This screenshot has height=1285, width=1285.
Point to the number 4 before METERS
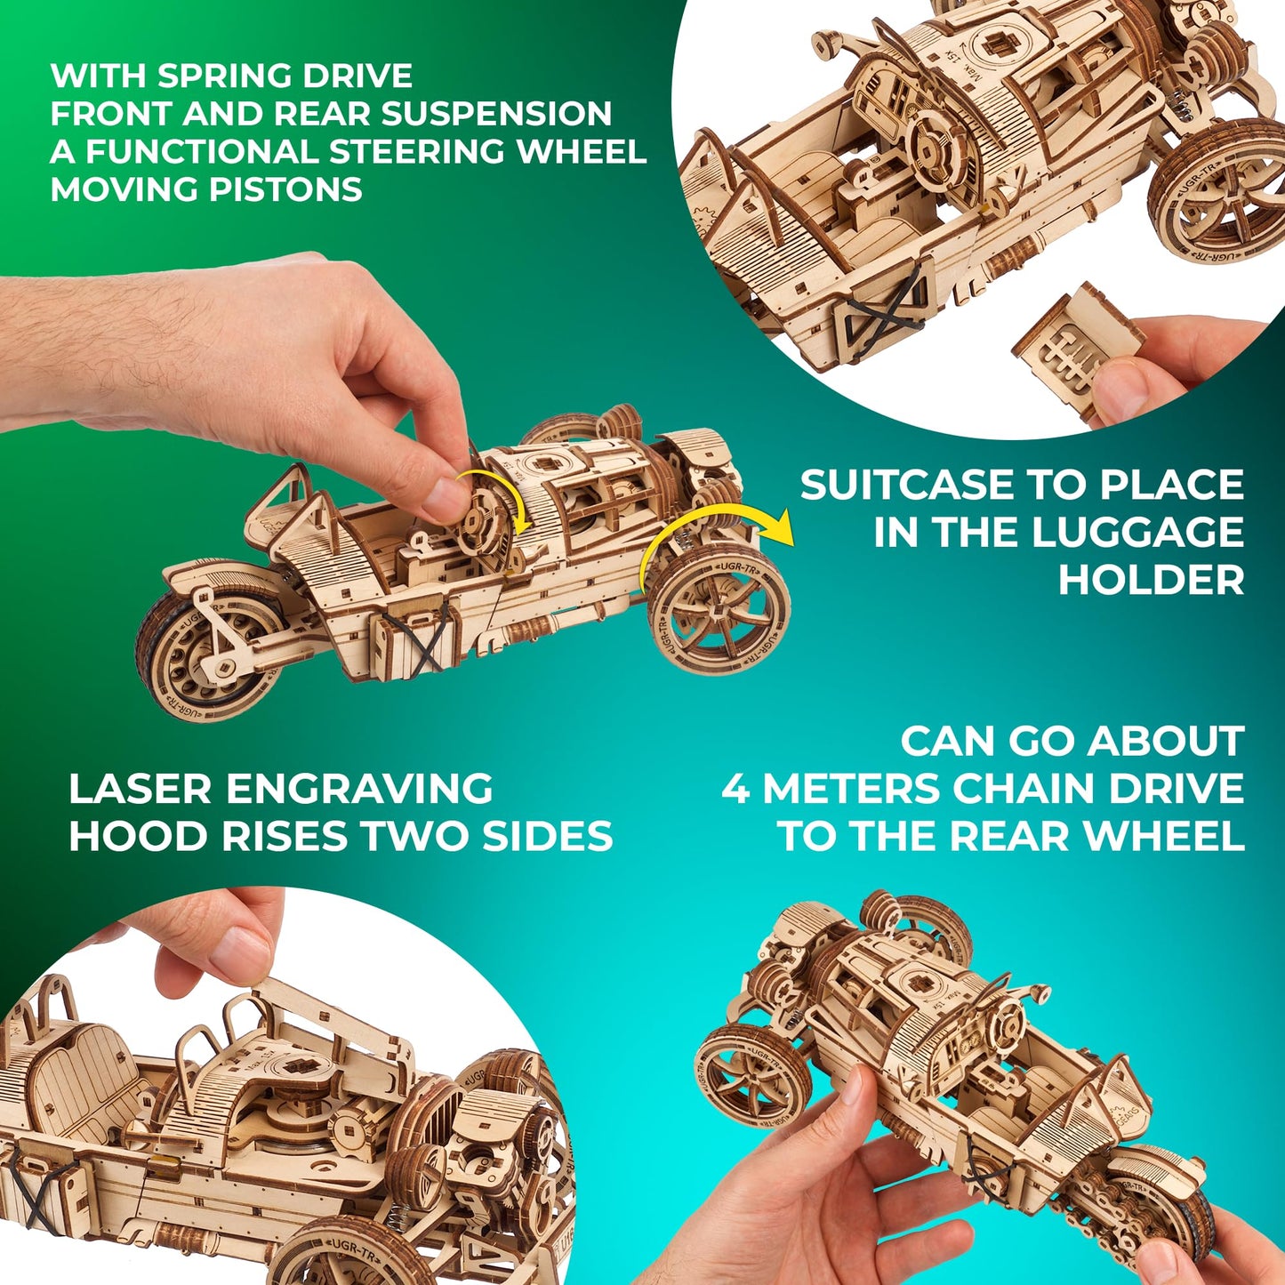[x=735, y=790]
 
